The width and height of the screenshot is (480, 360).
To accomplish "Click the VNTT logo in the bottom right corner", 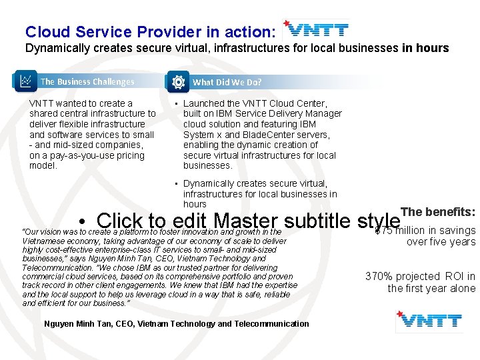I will point(428,321).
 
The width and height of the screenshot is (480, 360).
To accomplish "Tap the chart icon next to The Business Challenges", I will point(25,81).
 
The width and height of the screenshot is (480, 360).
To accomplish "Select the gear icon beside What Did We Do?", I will point(178,82).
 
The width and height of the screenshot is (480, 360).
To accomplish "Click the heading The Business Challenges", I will point(87,82).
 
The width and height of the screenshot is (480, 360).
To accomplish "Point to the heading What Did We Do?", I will point(227,82).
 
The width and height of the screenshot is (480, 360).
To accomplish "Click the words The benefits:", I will point(439,212).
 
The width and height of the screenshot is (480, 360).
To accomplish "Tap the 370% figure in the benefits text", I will point(379,277).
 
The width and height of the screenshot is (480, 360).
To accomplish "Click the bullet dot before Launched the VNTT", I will point(174,104).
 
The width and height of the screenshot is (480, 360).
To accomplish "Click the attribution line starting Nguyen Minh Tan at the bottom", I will point(176,324).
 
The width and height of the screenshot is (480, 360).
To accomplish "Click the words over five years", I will point(441,242).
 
